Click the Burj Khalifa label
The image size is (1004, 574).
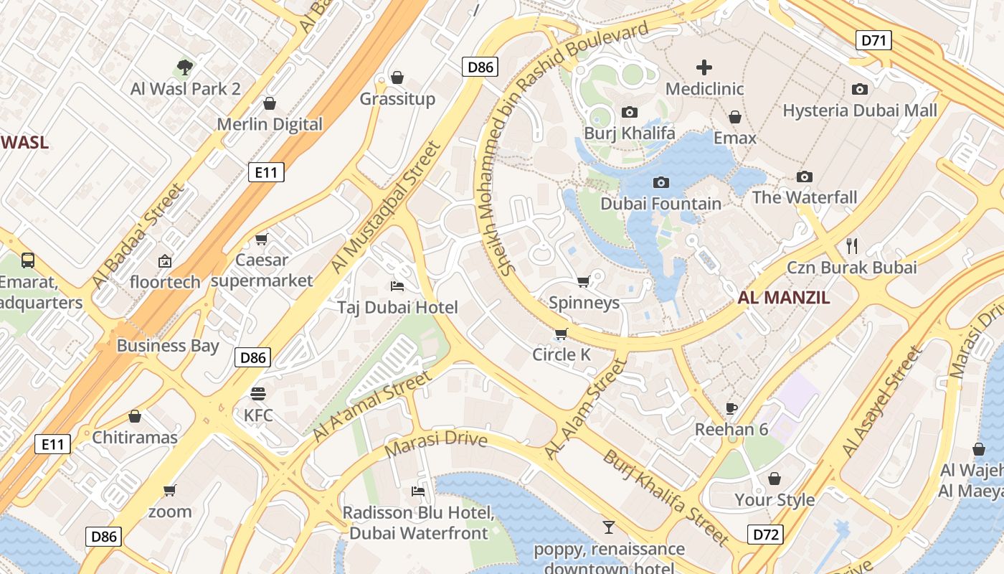(x=629, y=133)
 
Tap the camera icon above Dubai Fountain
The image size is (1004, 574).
(x=661, y=183)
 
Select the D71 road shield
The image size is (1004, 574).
(x=873, y=40)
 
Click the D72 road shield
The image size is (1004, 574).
(x=765, y=534)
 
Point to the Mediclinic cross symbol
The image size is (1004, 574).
(x=704, y=67)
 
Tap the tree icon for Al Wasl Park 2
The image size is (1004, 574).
(x=185, y=67)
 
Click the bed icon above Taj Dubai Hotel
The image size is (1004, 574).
(x=397, y=286)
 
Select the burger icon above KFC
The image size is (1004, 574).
(x=258, y=393)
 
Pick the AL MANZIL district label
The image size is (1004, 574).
(x=783, y=298)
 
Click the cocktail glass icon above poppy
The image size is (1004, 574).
(x=609, y=527)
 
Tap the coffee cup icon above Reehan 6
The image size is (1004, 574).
(x=731, y=408)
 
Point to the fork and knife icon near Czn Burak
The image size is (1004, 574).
(x=852, y=246)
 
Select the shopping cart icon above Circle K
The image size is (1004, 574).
(x=561, y=334)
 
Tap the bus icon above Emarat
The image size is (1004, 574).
(x=28, y=260)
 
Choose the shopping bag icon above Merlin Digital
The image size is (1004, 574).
(x=270, y=103)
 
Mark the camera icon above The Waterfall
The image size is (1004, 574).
(x=805, y=177)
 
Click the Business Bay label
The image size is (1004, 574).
(x=168, y=346)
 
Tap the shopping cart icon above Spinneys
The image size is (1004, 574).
(x=584, y=281)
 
